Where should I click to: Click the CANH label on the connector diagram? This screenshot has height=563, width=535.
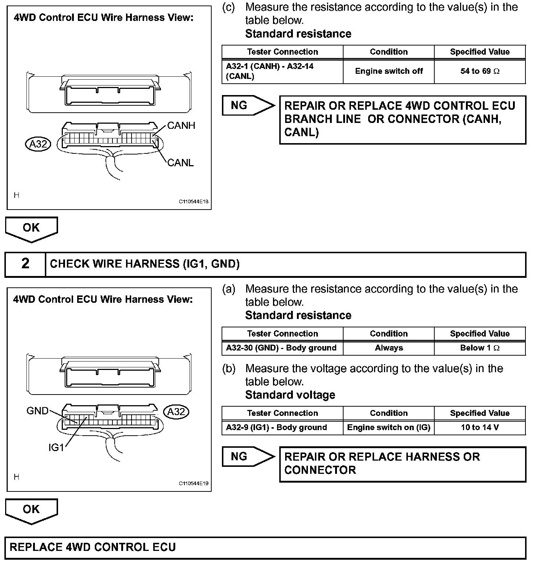pyautogui.click(x=181, y=126)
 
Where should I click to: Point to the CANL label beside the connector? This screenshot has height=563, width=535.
pyautogui.click(x=180, y=163)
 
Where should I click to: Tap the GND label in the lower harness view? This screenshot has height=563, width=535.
pyautogui.click(x=37, y=411)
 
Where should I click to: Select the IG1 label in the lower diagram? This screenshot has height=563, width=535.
pyautogui.click(x=56, y=447)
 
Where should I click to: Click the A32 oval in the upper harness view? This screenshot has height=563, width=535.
pyautogui.click(x=38, y=144)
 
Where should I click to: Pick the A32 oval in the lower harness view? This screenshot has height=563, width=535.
pyautogui.click(x=176, y=412)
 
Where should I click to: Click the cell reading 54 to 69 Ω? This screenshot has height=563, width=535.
pyautogui.click(x=480, y=71)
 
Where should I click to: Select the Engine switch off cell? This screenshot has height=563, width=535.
pyautogui.click(x=389, y=71)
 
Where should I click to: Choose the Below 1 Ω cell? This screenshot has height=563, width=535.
pyautogui.click(x=480, y=348)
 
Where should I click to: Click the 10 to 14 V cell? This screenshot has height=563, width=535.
pyautogui.click(x=480, y=428)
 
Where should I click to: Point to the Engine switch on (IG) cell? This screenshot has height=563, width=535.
pyautogui.click(x=389, y=428)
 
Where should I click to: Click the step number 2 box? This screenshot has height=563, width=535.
pyautogui.click(x=25, y=264)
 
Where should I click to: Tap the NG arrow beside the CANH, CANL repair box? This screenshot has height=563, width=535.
pyautogui.click(x=247, y=106)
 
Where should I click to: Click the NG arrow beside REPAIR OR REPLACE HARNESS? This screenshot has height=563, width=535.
pyautogui.click(x=247, y=457)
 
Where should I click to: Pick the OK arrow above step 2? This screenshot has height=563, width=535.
pyautogui.click(x=31, y=229)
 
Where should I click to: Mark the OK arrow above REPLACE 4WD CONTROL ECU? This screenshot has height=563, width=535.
pyautogui.click(x=31, y=510)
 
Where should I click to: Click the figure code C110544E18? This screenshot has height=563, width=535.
pyautogui.click(x=194, y=201)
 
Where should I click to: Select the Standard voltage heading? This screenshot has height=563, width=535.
pyautogui.click(x=290, y=395)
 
